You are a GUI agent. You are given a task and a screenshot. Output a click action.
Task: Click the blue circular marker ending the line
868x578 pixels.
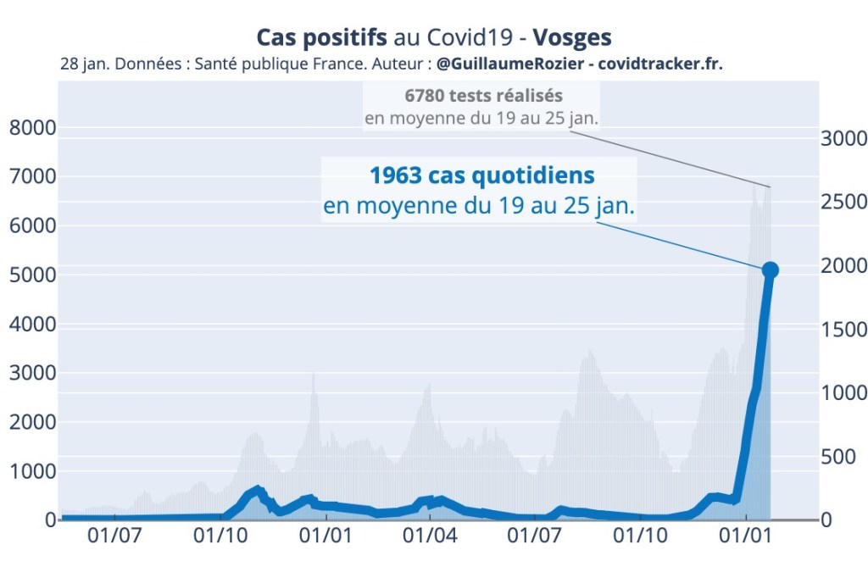point(770,270)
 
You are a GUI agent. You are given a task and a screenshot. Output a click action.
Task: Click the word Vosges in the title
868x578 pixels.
point(572,38)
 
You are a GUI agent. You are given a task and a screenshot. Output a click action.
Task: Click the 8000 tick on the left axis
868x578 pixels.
point(32,128)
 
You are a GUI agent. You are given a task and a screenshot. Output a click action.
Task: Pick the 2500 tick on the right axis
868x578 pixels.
point(844,202)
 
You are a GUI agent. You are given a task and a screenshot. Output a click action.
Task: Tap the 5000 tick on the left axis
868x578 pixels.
point(32,275)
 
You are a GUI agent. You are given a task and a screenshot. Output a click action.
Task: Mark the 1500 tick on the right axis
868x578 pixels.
point(844,329)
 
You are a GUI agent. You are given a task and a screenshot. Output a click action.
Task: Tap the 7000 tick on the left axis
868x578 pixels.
point(32,177)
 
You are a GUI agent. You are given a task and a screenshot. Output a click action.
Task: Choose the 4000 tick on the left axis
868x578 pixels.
point(32,325)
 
